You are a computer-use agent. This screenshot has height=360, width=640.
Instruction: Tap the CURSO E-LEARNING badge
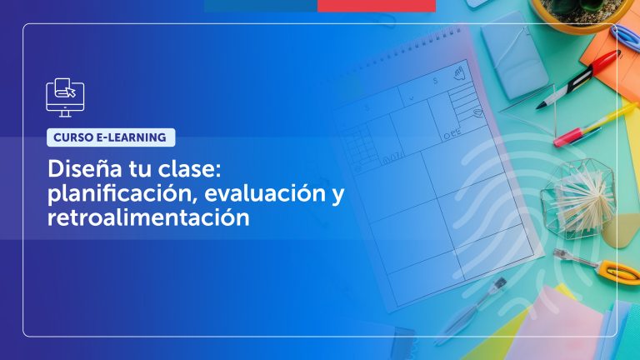(x=111, y=137)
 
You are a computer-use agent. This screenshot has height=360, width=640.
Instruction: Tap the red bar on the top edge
(x=377, y=5)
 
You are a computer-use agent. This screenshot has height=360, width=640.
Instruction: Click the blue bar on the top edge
(x=261, y=5)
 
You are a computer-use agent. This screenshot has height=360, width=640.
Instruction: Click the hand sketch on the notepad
(x=457, y=76)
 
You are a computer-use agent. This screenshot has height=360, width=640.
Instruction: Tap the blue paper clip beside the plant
(x=625, y=37)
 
